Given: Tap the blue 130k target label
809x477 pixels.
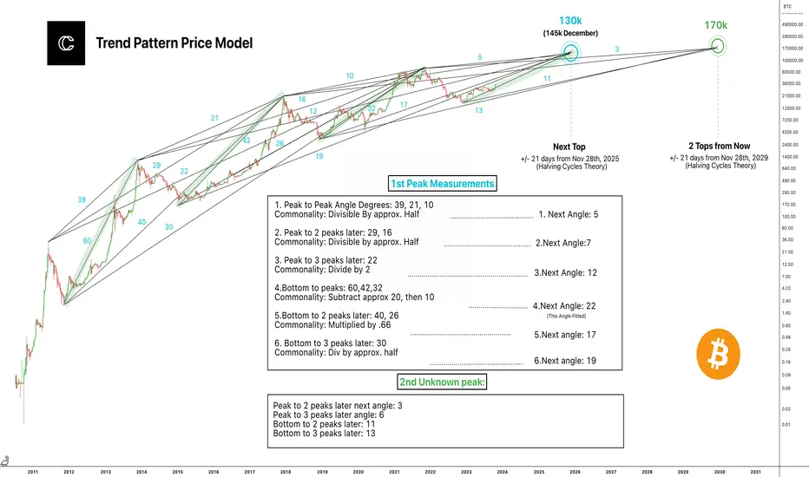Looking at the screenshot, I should tap(570, 21).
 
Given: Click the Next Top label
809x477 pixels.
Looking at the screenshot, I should tap(570, 147).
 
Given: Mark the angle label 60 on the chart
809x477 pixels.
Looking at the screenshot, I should tap(86, 241).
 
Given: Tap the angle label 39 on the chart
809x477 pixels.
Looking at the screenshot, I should tap(81, 199).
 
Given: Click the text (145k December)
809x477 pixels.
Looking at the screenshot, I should tap(570, 34).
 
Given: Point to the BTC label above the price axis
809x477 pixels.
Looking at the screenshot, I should tap(787, 6).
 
